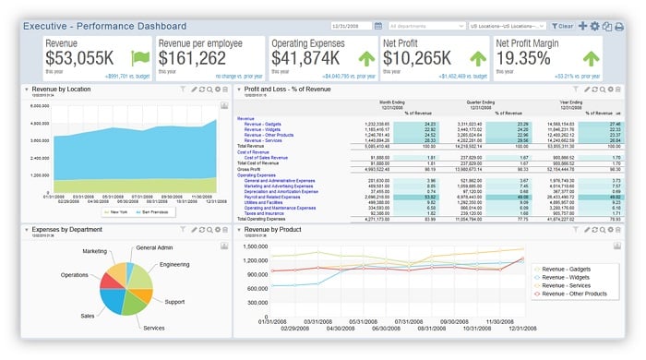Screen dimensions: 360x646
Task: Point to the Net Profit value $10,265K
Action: [417, 57]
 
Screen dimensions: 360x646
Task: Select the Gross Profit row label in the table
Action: [250, 169]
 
